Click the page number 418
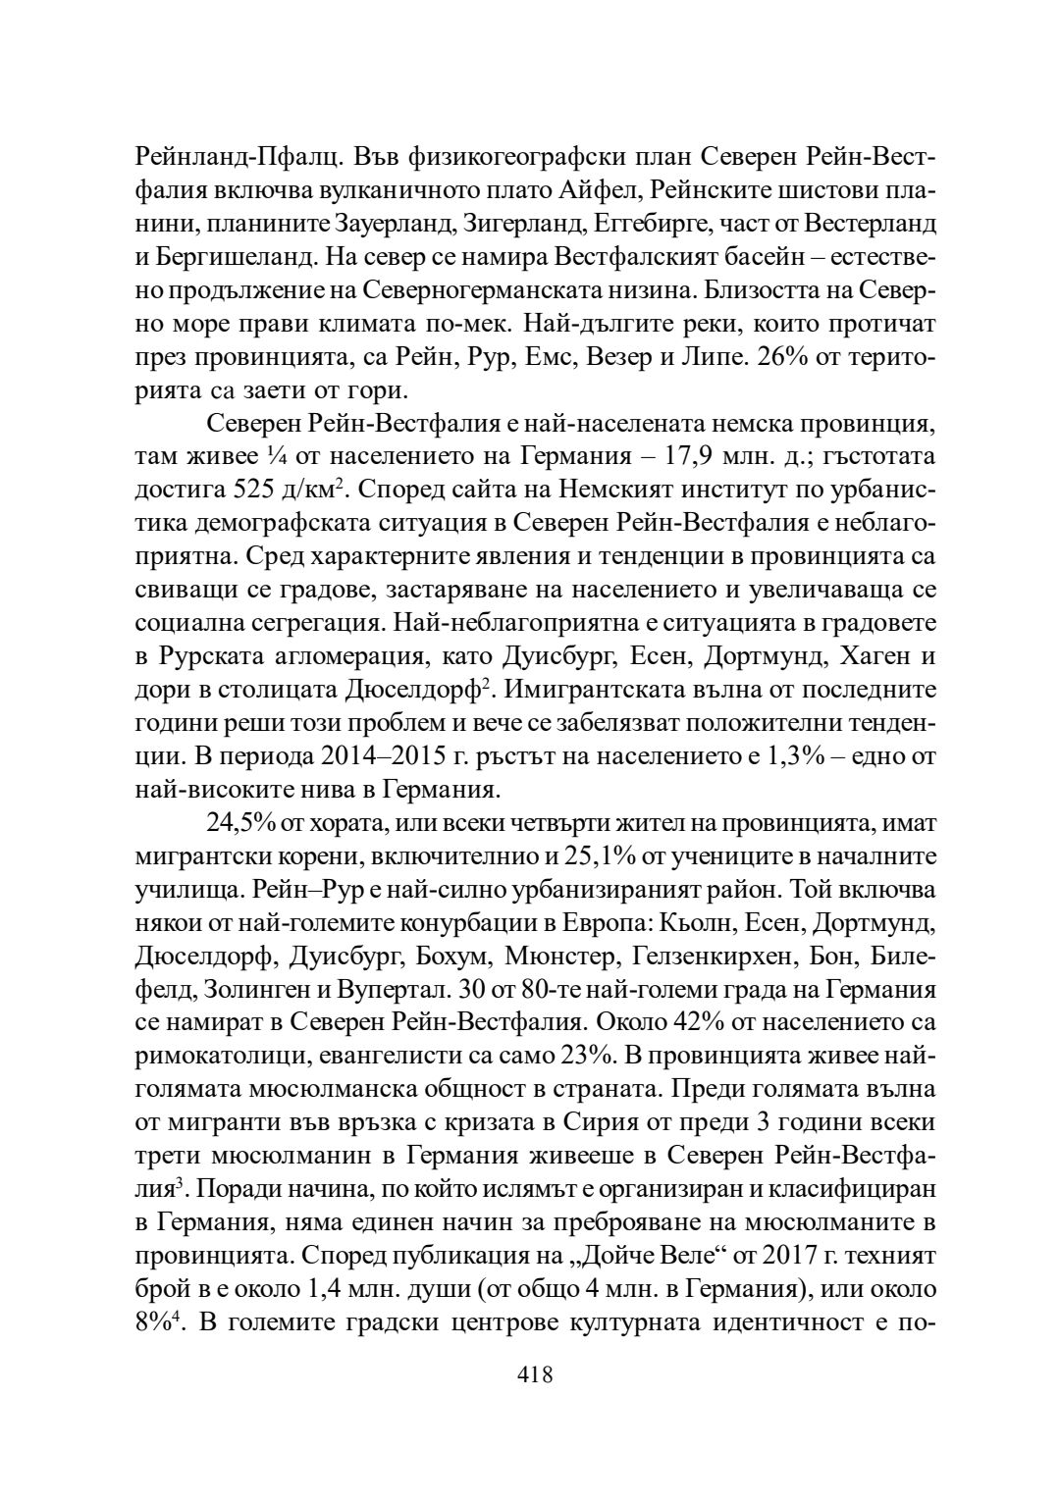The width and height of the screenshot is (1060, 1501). (535, 1374)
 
